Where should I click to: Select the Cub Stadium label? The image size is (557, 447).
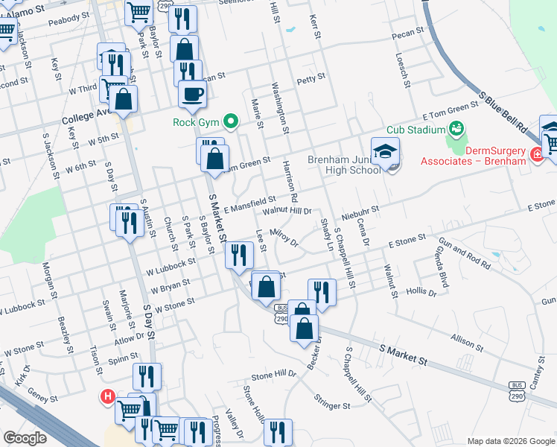[x=416, y=130]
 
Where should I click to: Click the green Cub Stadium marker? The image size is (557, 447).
[x=456, y=129]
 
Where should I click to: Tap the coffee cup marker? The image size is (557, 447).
[x=193, y=94]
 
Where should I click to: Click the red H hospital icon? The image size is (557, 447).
[x=108, y=397]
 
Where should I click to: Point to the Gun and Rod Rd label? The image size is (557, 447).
[x=465, y=254]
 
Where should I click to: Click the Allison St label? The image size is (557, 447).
[x=468, y=341]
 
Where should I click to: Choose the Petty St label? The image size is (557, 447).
[x=311, y=77]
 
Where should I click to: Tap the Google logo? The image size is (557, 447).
[x=25, y=438]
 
